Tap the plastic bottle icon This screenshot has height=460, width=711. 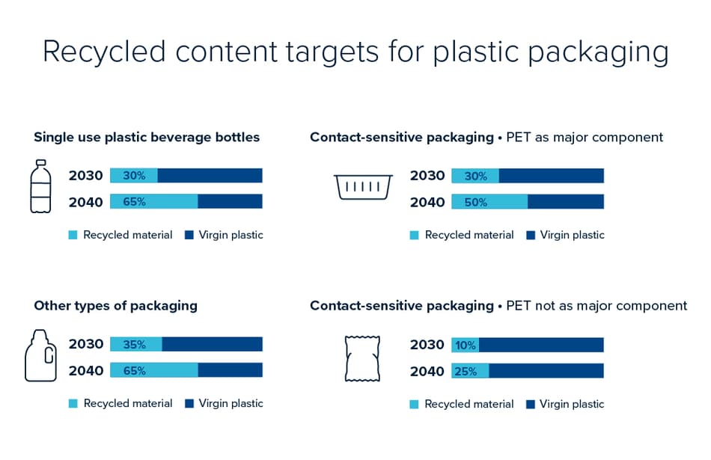[40, 186]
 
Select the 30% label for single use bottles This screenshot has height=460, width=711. [135, 176]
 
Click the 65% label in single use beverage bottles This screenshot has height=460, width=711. [135, 202]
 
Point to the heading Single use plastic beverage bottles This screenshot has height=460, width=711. [147, 137]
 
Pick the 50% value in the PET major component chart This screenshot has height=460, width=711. [475, 202]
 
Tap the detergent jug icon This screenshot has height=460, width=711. [40, 355]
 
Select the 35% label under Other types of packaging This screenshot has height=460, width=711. [135, 345]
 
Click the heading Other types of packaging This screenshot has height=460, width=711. [115, 305]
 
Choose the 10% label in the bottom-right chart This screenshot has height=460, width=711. [466, 345]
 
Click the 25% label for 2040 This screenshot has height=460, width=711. [466, 371]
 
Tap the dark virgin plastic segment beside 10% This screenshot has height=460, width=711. [540, 345]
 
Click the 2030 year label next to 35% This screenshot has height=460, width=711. [86, 345]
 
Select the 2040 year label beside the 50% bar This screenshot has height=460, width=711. [427, 202]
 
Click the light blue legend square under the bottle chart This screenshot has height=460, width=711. [73, 235]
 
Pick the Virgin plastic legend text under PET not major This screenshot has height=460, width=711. [572, 404]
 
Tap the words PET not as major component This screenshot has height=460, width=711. [596, 305]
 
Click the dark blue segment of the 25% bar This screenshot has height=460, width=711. [546, 371]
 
